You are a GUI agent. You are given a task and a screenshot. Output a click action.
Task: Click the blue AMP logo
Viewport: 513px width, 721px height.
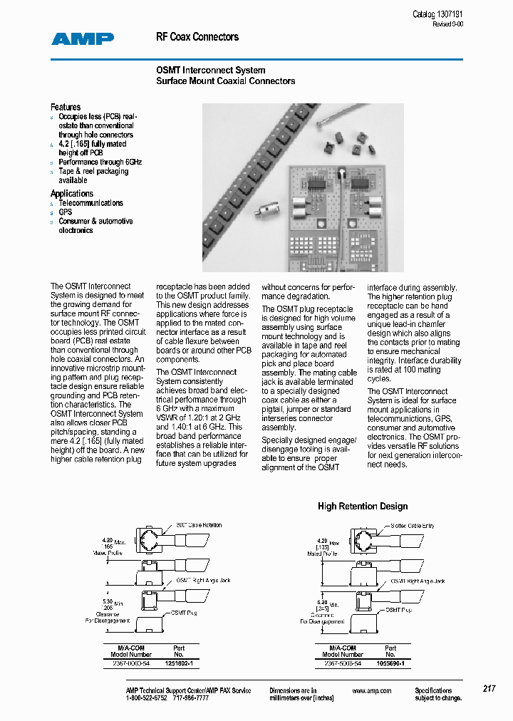[x=83, y=39]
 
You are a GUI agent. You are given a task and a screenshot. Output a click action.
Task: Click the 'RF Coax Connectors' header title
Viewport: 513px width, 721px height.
[x=197, y=37]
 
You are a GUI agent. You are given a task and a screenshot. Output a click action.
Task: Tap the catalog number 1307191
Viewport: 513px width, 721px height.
[x=449, y=15]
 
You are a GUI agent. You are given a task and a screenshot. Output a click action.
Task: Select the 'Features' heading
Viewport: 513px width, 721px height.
[x=66, y=107]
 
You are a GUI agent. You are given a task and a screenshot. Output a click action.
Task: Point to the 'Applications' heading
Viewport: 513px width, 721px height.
[x=72, y=193]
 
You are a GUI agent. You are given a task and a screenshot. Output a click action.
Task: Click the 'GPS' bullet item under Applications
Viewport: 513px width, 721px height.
[x=66, y=212]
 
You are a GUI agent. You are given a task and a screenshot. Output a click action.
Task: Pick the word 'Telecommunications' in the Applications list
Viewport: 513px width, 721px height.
[x=90, y=203]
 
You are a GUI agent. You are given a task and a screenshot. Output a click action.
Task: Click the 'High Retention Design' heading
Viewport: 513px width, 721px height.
[x=363, y=507]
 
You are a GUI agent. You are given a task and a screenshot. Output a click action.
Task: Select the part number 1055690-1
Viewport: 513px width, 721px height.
[x=390, y=663]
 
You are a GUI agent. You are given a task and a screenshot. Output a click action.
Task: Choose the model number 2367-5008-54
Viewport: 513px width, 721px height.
[x=342, y=663]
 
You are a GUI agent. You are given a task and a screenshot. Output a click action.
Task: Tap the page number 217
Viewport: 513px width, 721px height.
[x=489, y=689]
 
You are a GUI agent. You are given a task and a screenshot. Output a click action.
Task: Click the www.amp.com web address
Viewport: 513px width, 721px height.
[x=372, y=690]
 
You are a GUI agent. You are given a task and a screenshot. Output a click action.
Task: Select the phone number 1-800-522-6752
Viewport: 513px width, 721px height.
[x=146, y=698]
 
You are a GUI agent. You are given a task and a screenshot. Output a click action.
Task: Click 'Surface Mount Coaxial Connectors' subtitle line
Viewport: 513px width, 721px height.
[x=225, y=81]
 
